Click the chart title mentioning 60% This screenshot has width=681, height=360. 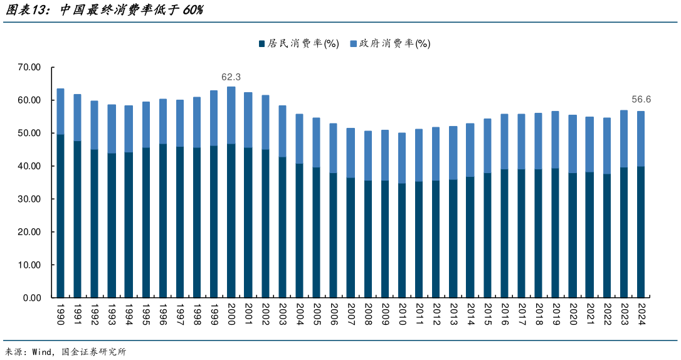[x=103, y=11]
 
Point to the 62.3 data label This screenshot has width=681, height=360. [x=231, y=77]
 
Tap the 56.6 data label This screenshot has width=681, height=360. [x=641, y=99]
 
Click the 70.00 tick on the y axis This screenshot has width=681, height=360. [x=29, y=67]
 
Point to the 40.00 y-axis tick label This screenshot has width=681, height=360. [x=29, y=166]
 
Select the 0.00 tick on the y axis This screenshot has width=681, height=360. [x=32, y=298]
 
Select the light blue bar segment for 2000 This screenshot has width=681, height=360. [x=231, y=115]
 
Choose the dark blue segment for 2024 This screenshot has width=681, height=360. [x=641, y=232]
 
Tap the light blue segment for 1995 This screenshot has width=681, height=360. [x=146, y=125]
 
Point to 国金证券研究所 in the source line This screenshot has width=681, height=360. [x=94, y=352]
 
